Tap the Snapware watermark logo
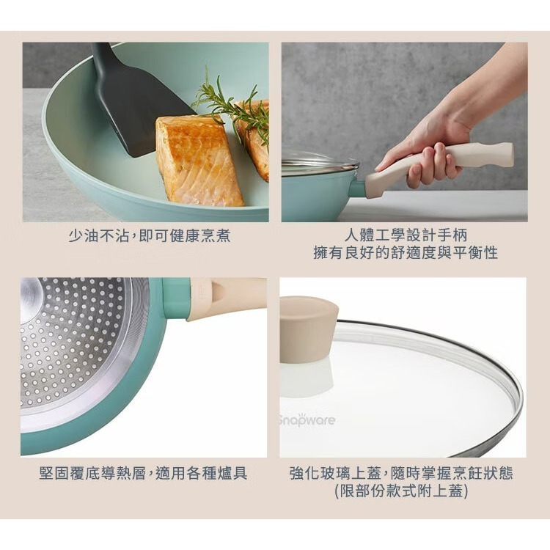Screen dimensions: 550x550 point(307,420)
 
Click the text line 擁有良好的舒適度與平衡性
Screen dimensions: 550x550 point(405,253)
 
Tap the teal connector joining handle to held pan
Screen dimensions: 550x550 point(357,188)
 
